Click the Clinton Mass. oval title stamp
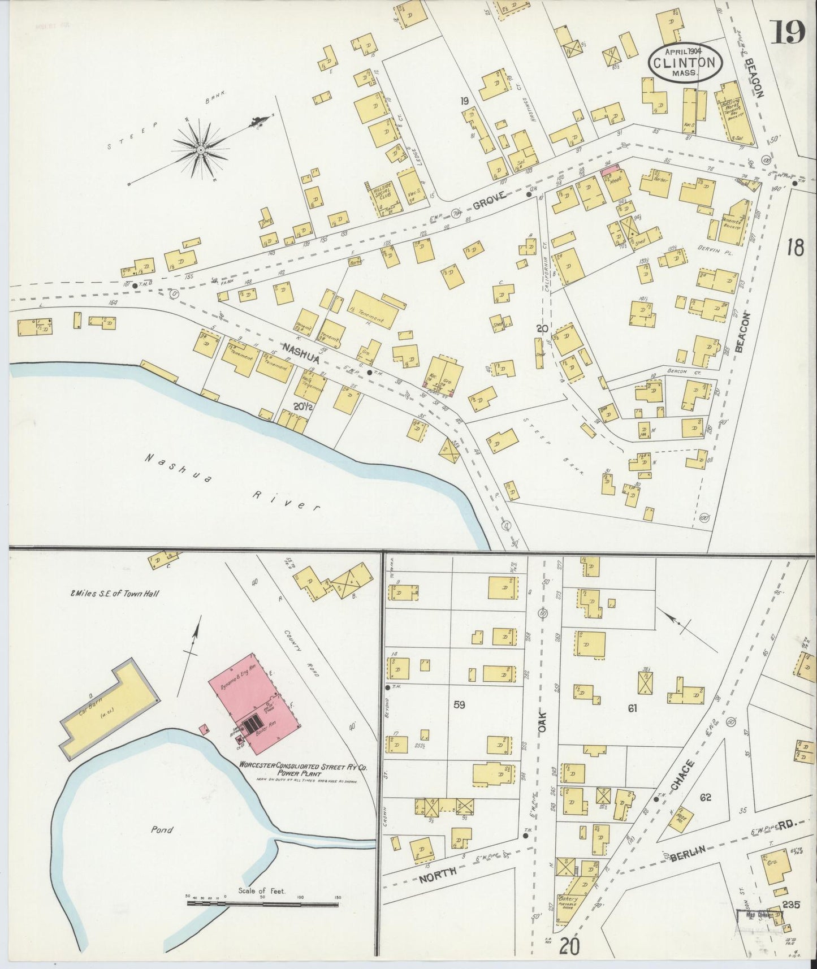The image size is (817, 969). (685, 63)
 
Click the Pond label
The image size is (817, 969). (162, 830)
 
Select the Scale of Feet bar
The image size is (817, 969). (263, 904)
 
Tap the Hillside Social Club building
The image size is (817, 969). (383, 197)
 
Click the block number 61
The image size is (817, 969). (632, 707)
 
